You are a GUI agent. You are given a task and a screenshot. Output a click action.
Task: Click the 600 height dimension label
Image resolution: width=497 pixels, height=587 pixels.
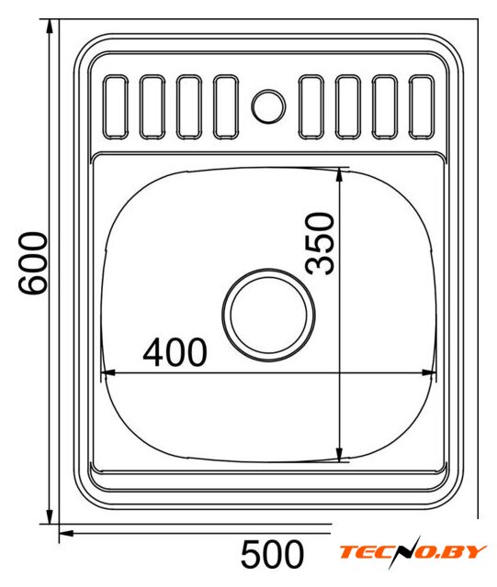[33, 263]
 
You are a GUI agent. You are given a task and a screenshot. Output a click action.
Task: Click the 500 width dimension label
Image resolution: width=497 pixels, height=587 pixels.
[272, 554]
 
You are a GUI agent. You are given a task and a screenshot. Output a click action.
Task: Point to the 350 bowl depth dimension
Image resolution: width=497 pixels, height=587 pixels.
[320, 243]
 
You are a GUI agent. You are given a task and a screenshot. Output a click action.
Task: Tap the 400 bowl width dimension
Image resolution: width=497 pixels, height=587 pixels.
[175, 352]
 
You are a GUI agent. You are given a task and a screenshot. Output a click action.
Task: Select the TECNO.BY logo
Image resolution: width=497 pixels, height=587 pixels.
[412, 552]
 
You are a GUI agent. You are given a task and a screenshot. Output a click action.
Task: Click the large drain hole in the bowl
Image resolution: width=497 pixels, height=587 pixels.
[268, 315]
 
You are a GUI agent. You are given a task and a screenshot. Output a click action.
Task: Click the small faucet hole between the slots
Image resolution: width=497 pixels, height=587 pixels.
[268, 106]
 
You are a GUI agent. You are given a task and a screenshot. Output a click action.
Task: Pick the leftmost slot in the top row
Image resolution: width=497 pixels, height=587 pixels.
[116, 107]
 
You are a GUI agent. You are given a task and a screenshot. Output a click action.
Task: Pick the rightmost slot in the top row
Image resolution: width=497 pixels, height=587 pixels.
[422, 107]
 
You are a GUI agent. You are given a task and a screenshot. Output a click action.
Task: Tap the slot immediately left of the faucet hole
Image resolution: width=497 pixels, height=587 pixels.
[226, 107]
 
